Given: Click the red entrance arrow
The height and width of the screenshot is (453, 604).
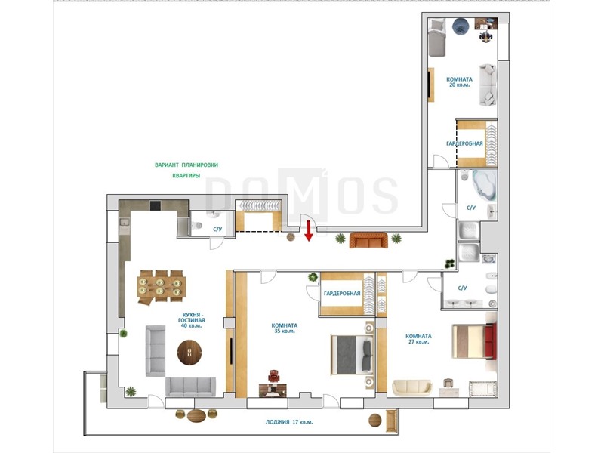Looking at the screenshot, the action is [x=308, y=231].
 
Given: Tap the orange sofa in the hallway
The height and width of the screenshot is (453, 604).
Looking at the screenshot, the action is [x=368, y=240].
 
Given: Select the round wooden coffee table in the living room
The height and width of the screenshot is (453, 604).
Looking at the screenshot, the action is [x=190, y=352].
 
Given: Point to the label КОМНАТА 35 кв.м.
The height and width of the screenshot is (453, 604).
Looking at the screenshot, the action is [x=285, y=328].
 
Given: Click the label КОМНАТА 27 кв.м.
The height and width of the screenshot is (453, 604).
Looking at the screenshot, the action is [x=418, y=338].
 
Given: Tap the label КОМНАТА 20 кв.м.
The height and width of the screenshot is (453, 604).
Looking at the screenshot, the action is [x=459, y=82].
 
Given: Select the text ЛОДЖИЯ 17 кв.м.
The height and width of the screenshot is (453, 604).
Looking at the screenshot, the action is [x=289, y=422].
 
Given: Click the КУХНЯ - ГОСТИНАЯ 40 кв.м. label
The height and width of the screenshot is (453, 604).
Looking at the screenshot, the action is [x=192, y=320].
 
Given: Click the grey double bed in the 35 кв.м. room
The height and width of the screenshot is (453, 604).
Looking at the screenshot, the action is [x=353, y=354].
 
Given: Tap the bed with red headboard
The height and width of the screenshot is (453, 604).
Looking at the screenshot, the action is [x=474, y=341].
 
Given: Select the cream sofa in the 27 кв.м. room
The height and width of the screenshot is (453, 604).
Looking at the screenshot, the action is [x=412, y=387].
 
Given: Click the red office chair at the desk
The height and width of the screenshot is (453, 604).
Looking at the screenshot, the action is [x=274, y=375].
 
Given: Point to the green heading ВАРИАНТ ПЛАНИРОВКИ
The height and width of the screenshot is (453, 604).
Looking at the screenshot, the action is [x=186, y=165].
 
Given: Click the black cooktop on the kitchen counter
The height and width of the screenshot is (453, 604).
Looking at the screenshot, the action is [x=156, y=205].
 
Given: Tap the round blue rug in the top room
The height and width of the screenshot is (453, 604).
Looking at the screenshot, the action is [x=460, y=26].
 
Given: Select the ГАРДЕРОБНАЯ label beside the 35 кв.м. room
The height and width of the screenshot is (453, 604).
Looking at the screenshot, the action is [x=342, y=294].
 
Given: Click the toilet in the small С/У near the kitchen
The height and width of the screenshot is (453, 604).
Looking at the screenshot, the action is [x=197, y=225].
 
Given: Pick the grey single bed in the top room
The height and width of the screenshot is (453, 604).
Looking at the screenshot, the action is [x=437, y=37].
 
